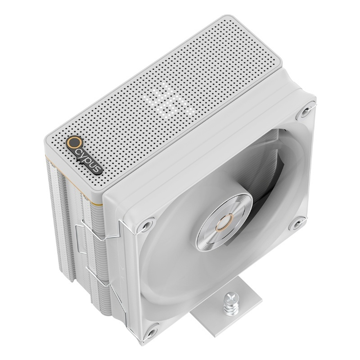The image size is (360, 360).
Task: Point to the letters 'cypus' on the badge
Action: pos(90,161)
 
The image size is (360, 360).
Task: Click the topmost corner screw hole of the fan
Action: pos(305,111)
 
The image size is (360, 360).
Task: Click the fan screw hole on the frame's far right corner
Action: pos(297,224)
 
